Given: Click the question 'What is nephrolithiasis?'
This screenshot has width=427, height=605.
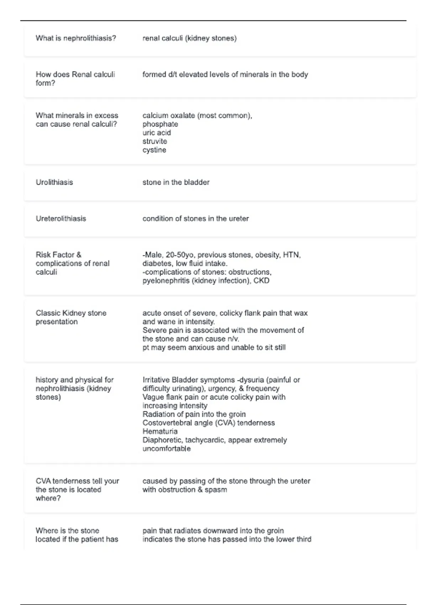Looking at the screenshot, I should (x=76, y=38).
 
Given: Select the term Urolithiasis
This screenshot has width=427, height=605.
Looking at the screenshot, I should (x=54, y=182).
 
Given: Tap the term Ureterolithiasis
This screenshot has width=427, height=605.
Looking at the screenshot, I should (x=61, y=219).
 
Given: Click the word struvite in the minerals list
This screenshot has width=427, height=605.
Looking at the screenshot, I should (x=154, y=141).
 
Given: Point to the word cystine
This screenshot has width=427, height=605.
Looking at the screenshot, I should (x=154, y=150).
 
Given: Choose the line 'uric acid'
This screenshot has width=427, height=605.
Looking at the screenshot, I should (x=157, y=133).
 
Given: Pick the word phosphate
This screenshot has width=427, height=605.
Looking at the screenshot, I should (x=160, y=124).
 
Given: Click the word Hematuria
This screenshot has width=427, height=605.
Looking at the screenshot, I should (x=160, y=431).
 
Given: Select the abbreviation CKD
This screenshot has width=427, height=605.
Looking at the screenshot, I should (x=261, y=281).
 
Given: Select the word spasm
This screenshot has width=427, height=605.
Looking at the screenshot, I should (x=216, y=490).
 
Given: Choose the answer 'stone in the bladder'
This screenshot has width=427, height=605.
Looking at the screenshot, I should (x=176, y=182).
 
